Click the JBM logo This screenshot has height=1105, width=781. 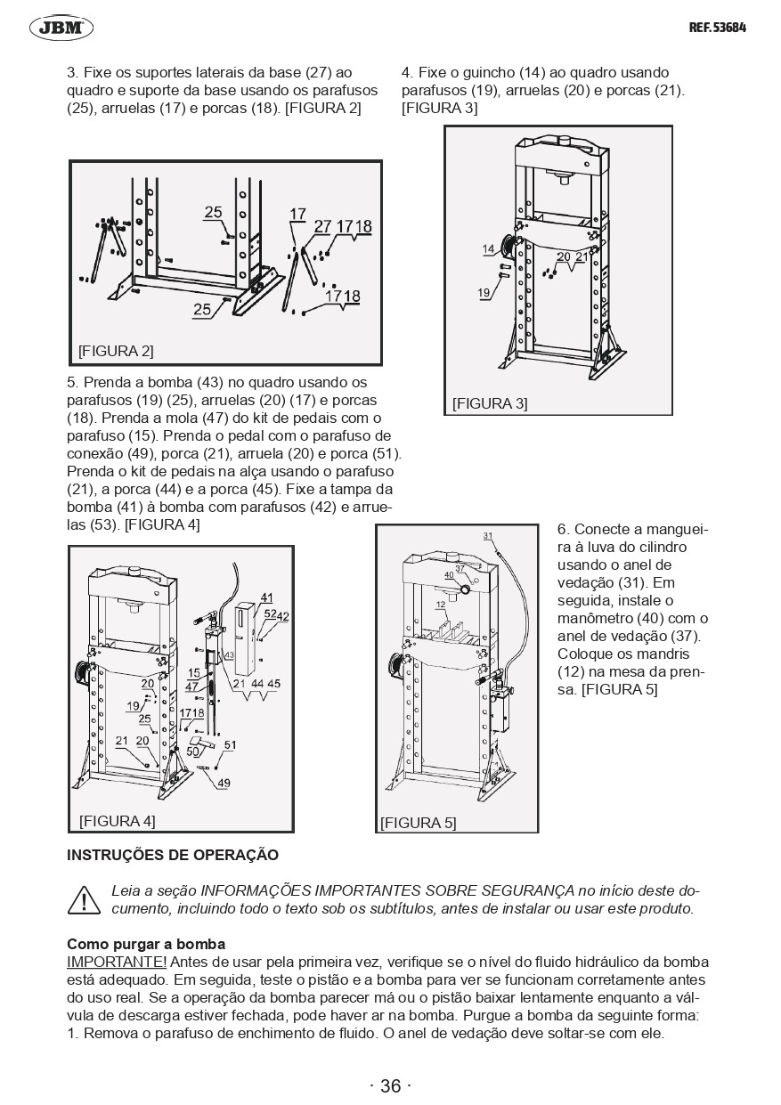pos(61,28)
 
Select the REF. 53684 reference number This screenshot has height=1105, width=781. pos(717,28)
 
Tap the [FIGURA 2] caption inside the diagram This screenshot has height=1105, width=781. pos(116,351)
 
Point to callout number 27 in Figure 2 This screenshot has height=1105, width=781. pos(322,226)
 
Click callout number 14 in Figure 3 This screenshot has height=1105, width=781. pos(489,249)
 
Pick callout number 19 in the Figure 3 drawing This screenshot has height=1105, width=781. pos(484,293)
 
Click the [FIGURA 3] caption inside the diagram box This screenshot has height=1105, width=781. pos(490,403)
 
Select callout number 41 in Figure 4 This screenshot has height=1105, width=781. pos(266,597)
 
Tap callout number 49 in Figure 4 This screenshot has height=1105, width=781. pos(224,784)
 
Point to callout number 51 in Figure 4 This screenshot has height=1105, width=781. pos(230,745)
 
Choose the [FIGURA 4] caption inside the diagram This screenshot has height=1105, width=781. pos(117,820)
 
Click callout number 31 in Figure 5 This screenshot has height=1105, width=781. pos(488,536)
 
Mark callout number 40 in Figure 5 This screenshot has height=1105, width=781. pos(449,576)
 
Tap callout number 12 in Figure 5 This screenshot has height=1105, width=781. pos(440,605)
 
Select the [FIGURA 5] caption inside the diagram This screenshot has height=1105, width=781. pos(418,823)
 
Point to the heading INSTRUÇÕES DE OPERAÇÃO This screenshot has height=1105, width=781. pos(173,856)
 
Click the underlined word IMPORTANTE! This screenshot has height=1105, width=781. pos(117,962)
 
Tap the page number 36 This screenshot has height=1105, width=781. pos(390,1085)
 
